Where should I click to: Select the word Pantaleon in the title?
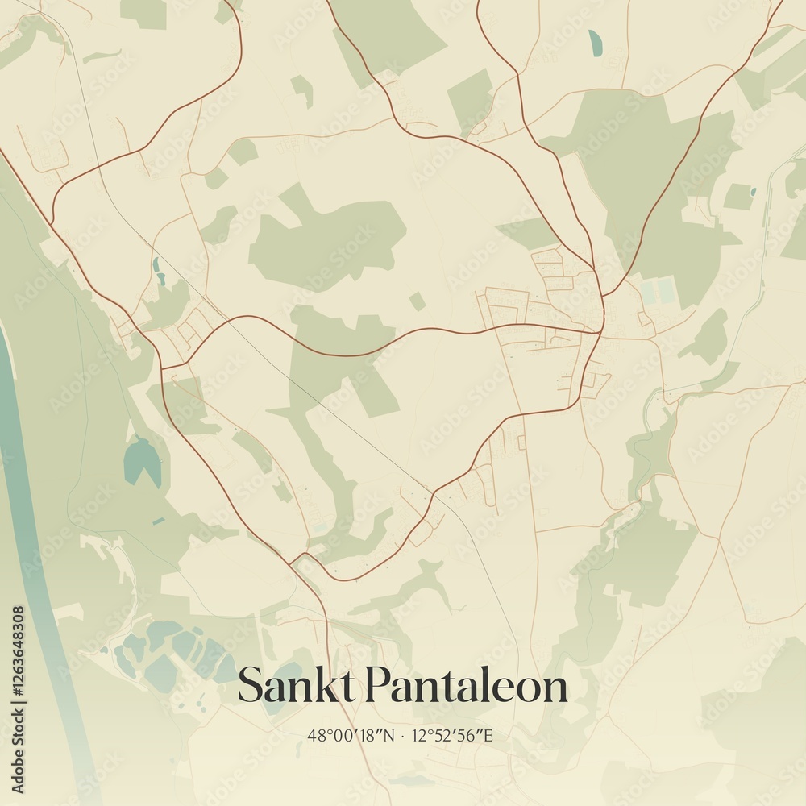tap(467, 686)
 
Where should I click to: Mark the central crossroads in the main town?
tap(600, 330)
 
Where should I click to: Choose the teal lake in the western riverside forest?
tap(142, 459)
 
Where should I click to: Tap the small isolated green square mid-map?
tap(417, 301)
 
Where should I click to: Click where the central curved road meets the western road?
tap(164, 368)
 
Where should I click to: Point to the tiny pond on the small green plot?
tap(752, 192)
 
